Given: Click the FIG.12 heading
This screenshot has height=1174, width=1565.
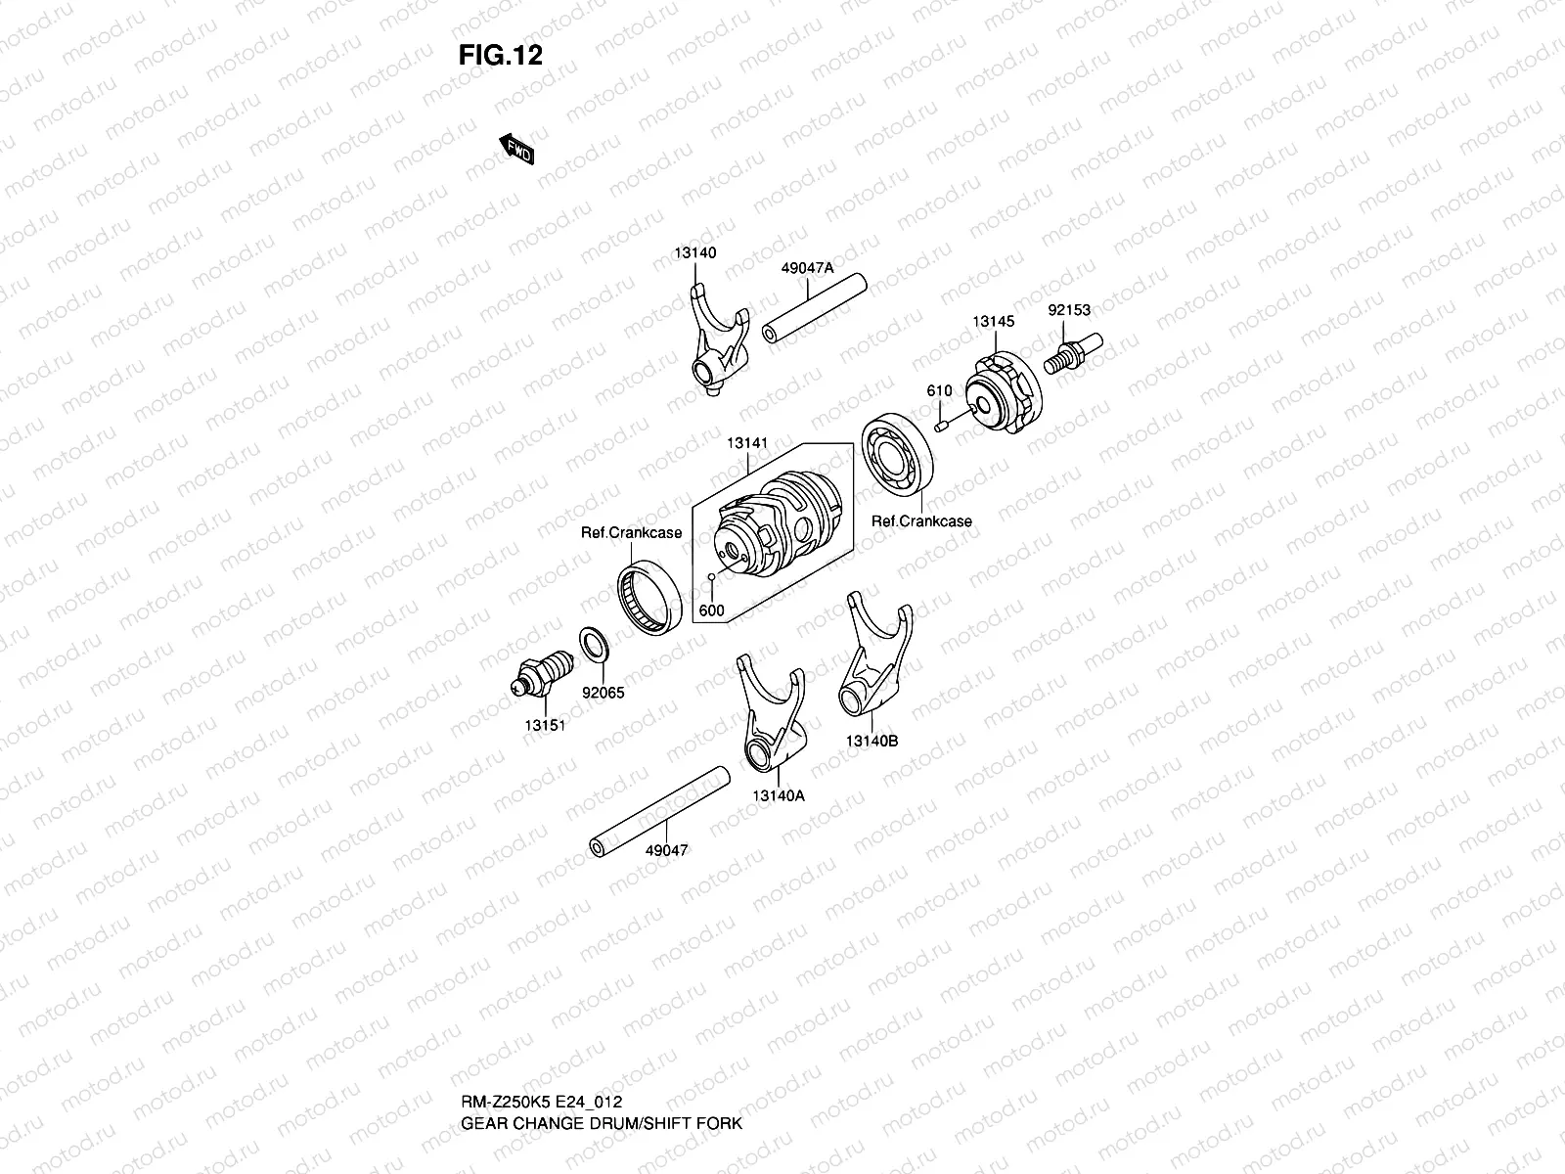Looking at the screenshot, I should coord(500,55).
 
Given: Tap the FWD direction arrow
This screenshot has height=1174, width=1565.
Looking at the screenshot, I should coord(516,150).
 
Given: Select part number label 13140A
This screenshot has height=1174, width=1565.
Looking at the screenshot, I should coord(779,795).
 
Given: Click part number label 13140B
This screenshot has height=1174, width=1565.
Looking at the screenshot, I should coord(872,741).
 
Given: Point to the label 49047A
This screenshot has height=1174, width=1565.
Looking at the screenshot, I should coord(807,266).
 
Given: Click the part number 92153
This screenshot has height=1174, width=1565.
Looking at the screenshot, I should coord(1069,310).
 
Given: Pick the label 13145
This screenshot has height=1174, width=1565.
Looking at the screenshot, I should coord(993,321).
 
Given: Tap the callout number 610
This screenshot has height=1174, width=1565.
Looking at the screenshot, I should coord(939,391).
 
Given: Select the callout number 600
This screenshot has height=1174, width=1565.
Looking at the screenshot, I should coord(712,610).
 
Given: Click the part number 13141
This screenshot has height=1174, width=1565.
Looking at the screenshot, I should coord(746,443).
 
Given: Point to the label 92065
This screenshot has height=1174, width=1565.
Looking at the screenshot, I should coord(603,693).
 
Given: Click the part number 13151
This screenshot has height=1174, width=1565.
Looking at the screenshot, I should coord(545,725).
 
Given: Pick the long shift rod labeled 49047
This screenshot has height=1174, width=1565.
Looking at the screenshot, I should coord(660,812).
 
